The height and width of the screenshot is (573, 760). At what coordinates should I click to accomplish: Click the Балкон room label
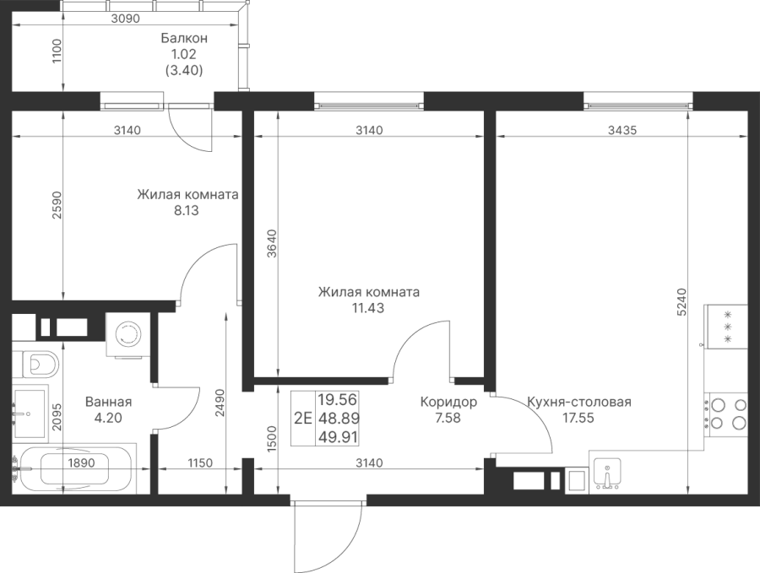click(184, 38)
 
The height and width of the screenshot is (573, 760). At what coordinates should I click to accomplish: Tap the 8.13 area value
click(187, 211)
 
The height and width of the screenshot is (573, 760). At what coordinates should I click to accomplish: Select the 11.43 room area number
click(368, 308)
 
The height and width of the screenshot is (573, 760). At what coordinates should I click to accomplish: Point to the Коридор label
click(448, 402)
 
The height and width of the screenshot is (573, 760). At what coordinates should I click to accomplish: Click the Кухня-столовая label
click(578, 402)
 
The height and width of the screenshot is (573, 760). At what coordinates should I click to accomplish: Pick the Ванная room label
click(108, 402)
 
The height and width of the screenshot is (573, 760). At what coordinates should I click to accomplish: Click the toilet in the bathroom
click(35, 363)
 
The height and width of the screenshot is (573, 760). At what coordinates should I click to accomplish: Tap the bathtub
click(74, 468)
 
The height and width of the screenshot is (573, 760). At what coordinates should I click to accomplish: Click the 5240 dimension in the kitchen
click(682, 302)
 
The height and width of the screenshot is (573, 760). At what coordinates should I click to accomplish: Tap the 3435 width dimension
click(622, 130)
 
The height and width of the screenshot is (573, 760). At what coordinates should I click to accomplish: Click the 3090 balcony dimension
click(125, 19)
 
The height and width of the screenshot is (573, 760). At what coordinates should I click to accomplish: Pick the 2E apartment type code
click(303, 418)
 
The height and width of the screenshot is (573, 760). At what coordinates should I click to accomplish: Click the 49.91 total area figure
click(338, 437)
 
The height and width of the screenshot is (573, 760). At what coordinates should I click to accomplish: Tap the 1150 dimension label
click(200, 463)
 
